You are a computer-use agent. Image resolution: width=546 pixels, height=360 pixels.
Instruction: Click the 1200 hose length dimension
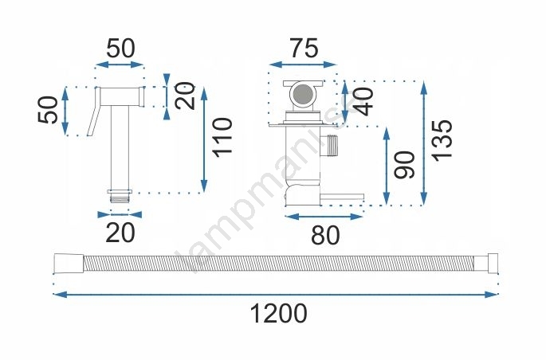pos(278,313)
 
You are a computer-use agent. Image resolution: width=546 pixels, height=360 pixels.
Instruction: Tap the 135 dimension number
pos(442,140)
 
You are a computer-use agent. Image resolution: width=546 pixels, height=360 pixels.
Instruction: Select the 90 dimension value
pos(406,165)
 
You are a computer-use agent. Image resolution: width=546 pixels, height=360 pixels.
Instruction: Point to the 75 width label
pos(304,48)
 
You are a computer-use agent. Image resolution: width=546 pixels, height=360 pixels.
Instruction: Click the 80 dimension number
pos(325,235)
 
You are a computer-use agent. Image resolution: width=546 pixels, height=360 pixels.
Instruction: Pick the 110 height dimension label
pos(223,138)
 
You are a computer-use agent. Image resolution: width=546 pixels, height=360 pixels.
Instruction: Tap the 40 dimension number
pos(363,101)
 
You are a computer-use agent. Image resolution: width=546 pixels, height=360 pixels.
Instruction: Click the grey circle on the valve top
pos(303,94)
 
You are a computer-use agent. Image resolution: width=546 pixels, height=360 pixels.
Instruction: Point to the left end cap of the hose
pos(69,264)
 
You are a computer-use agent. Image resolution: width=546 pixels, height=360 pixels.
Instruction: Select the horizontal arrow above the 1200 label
pos(276,295)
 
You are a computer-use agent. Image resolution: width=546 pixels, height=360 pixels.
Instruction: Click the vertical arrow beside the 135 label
pos(424,143)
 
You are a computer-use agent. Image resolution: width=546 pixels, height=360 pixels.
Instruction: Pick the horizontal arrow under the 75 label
pos(303,65)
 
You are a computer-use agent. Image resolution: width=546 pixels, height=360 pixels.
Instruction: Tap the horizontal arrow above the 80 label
pos(324,217)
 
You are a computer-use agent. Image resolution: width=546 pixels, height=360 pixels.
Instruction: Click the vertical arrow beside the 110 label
pos(204,139)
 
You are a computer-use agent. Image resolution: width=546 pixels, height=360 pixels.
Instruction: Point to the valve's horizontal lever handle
pos(342,198)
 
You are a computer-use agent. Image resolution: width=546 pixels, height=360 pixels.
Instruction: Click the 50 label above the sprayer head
pos(120,49)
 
